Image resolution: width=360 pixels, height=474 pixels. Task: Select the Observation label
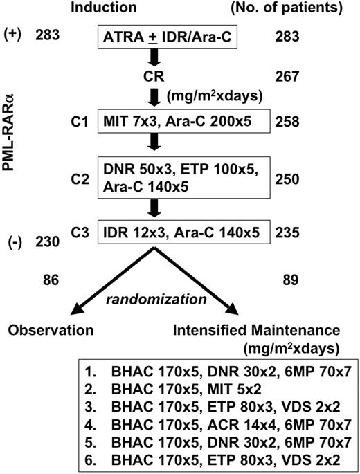(51, 332)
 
